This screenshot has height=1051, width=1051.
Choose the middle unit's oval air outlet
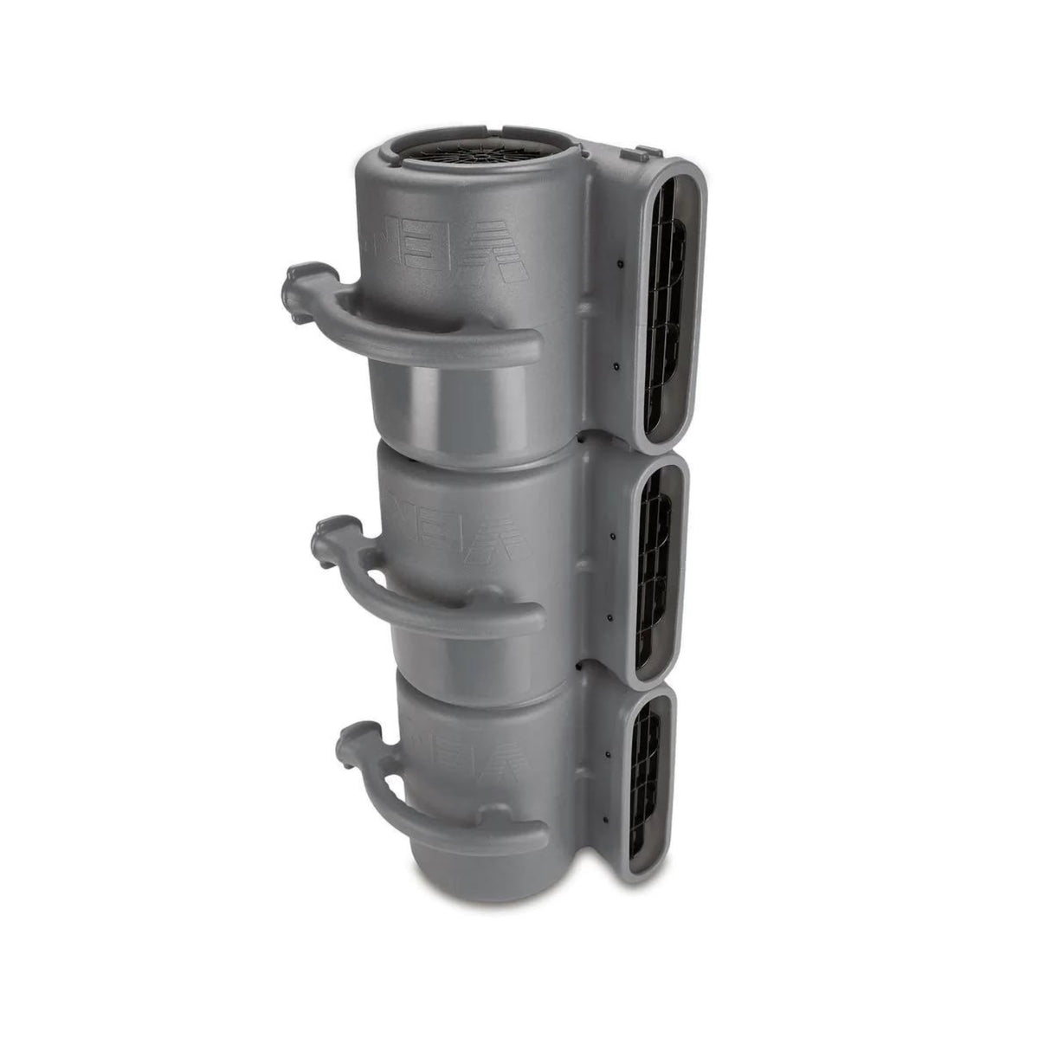pos(661,568)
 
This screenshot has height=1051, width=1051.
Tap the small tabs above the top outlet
pos(642,155)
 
